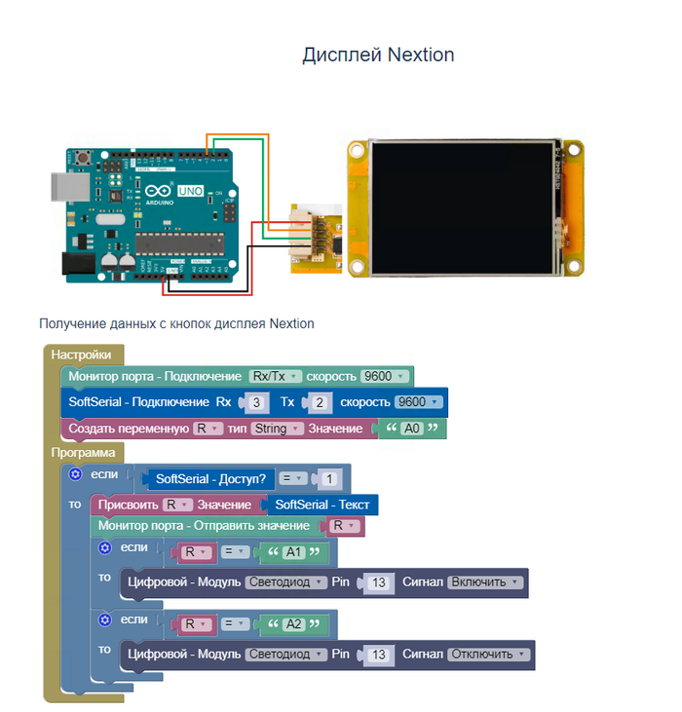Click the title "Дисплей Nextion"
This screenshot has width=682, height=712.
[378, 55]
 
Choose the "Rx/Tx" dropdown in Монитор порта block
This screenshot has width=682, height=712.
[275, 376]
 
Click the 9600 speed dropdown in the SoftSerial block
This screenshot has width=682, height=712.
[418, 402]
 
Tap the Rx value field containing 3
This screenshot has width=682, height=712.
[256, 402]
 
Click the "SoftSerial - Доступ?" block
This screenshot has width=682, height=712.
[209, 479]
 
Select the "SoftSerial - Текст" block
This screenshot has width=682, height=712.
[322, 505]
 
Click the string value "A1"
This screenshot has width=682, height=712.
[293, 553]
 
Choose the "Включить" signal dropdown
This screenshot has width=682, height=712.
[485, 582]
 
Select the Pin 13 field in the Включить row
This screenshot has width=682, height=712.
[380, 582]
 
